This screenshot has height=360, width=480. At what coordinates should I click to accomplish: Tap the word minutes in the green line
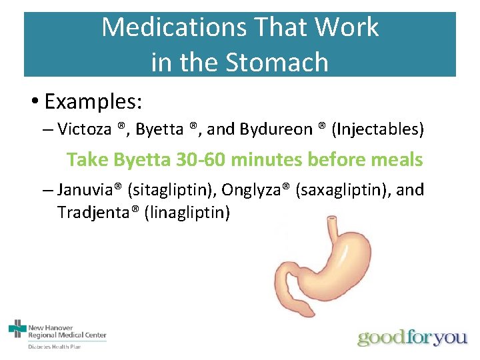point(264,160)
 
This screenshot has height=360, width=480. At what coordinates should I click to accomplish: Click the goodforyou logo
point(412,337)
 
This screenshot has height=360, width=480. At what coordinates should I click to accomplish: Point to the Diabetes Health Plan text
point(55,347)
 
